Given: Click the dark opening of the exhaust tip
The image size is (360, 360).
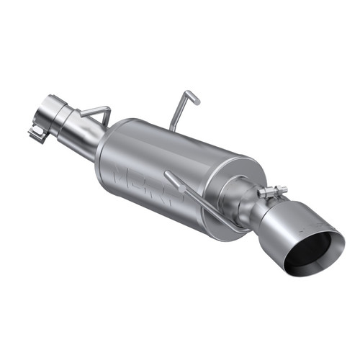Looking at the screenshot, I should tap(312, 253).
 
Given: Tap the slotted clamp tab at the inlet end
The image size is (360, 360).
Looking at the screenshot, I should tap(37, 132).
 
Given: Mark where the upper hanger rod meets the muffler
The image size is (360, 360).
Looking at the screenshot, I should tap(173, 128).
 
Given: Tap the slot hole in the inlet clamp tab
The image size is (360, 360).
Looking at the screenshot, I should tap(35, 133).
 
